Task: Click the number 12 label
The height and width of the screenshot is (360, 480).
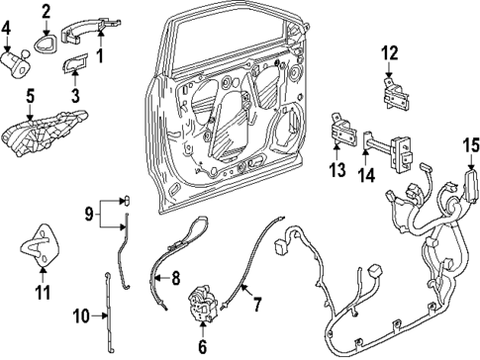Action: (x=389, y=51)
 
